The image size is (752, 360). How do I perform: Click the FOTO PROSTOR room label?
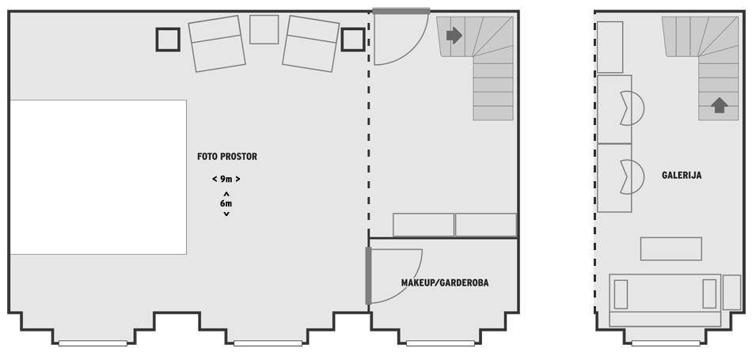tap(227, 157)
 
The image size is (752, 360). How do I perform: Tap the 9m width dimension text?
tap(226, 179)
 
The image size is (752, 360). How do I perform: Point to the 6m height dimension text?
tap(226, 203)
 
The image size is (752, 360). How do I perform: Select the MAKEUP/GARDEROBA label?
tap(445, 282)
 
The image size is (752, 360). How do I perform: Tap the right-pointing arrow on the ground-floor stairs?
tap(454, 35)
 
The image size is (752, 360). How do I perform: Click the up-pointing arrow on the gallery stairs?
tap(719, 105)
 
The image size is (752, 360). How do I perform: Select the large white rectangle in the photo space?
tap(98, 177)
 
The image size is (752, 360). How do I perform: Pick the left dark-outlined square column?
tap(168, 40)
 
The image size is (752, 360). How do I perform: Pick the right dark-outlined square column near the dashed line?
tap(353, 40)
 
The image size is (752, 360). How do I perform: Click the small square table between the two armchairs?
tap(264, 29)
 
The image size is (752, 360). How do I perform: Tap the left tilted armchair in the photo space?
tap(217, 44)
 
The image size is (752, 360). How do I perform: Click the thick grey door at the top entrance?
tap(401, 11)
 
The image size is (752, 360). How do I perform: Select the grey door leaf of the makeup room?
tap(368, 275)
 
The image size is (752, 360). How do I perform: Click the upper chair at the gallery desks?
tap(632, 108)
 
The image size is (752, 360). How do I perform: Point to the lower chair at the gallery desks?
tap(632, 177)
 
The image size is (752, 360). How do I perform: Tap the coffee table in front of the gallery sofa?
tap(671, 248)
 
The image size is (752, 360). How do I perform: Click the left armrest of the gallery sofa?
tap(621, 294)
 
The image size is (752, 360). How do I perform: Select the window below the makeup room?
tap(440, 343)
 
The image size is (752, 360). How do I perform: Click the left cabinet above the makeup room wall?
tap(423, 225)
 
